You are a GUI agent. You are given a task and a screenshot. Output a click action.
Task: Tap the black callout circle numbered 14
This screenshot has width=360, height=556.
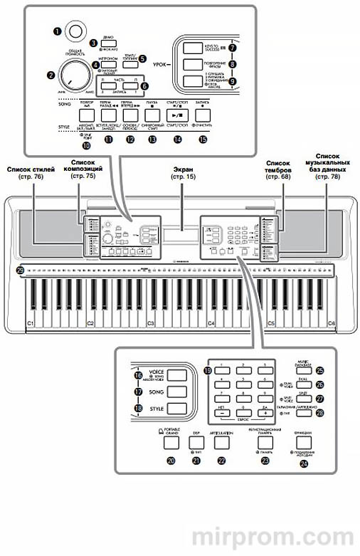click(x=178, y=141)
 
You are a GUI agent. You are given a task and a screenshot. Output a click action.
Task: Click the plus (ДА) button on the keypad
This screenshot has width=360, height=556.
click(x=268, y=411)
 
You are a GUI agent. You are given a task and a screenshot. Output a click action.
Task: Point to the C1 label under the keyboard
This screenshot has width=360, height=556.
click(x=31, y=324)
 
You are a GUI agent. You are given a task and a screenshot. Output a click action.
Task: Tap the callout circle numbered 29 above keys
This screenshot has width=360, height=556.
click(x=20, y=270)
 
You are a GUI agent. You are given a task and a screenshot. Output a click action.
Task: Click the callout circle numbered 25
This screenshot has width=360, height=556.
click(x=320, y=370)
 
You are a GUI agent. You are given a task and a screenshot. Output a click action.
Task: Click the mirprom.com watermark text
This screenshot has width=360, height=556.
click(x=275, y=532)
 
